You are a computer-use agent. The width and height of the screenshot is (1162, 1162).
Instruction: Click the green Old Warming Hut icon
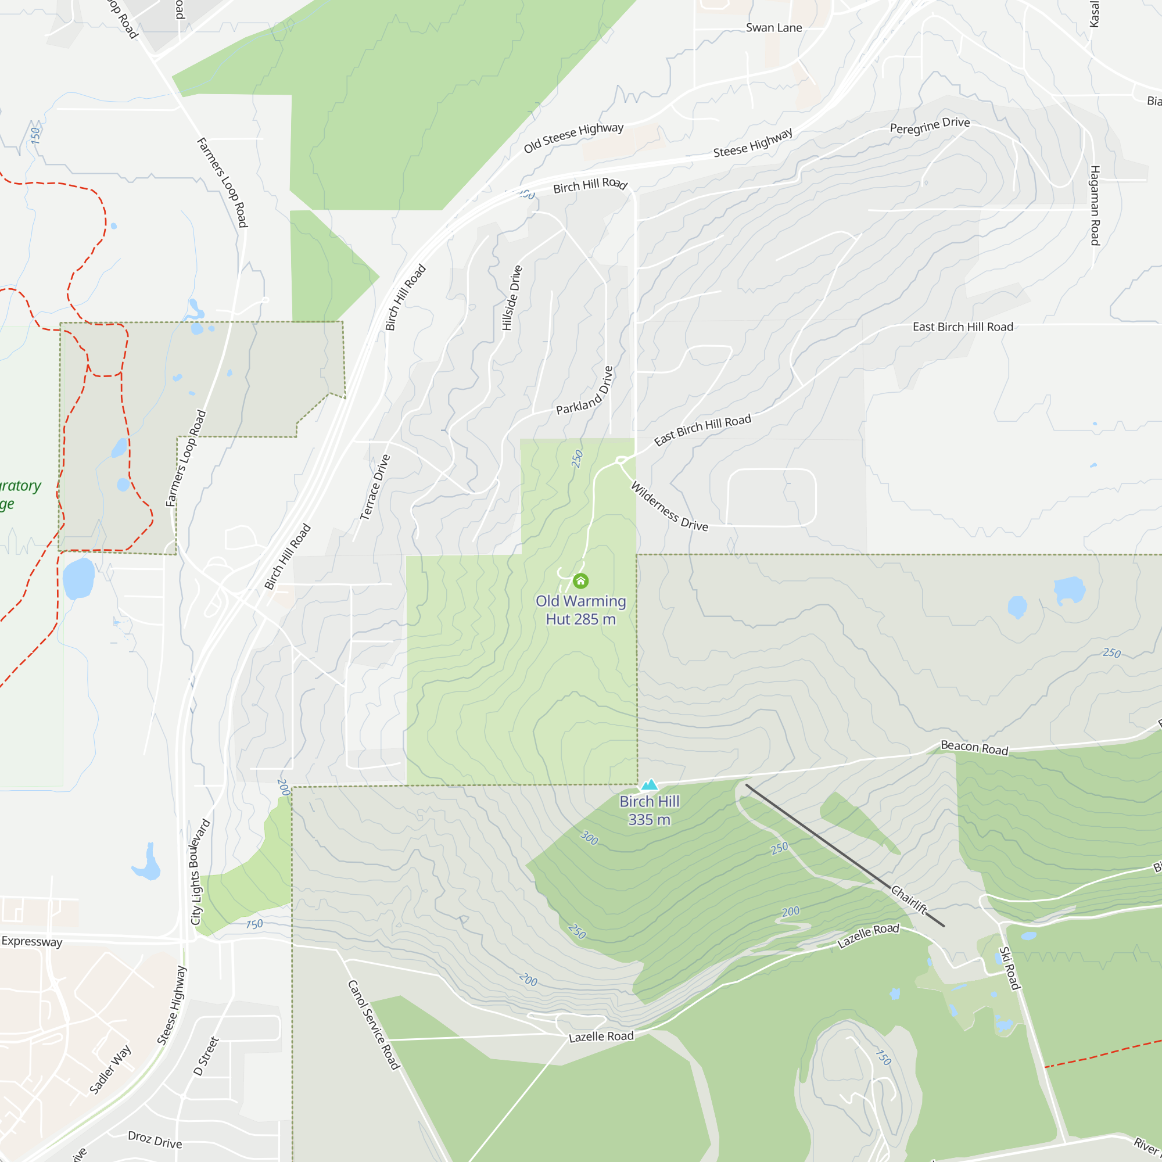click(580, 580)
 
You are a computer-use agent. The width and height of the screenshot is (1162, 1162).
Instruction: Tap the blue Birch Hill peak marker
click(650, 784)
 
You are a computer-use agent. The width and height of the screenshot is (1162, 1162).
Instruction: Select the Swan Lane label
click(773, 28)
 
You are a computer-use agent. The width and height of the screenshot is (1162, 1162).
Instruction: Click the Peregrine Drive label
click(930, 125)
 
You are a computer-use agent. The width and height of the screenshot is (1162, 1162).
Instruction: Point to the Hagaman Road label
click(1095, 206)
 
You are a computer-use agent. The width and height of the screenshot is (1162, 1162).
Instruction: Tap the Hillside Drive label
click(512, 297)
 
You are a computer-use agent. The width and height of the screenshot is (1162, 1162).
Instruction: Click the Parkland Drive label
click(584, 392)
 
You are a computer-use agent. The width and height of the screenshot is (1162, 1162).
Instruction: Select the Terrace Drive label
click(375, 487)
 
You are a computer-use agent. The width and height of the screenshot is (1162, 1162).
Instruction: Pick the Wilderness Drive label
click(669, 507)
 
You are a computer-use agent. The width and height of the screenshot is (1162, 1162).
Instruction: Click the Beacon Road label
click(974, 748)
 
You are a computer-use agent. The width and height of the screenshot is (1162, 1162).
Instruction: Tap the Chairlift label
click(909, 900)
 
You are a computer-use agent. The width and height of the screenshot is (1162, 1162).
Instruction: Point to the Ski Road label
click(1009, 968)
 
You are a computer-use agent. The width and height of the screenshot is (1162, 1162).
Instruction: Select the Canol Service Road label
click(374, 1024)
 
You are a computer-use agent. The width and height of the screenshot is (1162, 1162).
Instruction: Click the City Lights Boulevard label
click(200, 871)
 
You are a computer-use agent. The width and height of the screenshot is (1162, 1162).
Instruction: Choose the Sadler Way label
click(110, 1070)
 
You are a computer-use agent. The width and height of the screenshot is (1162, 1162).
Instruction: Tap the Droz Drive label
click(155, 1139)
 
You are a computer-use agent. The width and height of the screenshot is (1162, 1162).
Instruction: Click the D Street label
click(206, 1056)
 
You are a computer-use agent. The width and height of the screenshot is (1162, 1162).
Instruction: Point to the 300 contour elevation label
click(589, 838)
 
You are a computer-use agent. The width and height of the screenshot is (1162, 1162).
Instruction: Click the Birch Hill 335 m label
click(650, 810)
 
